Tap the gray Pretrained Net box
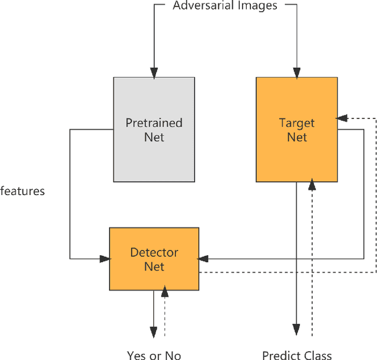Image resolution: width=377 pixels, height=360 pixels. tap(154, 130)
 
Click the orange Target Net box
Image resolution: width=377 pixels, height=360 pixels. tap(297, 130)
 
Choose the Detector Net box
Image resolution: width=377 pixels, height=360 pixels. tap(154, 259)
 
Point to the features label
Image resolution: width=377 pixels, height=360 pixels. tap(22, 191)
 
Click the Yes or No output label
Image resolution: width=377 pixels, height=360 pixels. tap(154, 355)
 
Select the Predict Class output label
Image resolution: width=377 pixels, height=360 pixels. tap(297, 355)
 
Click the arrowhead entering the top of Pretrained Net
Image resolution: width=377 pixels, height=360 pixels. tap(154, 73)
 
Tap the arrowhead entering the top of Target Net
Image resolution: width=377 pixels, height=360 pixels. tap(297, 73)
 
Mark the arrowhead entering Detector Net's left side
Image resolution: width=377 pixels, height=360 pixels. tap(105, 258)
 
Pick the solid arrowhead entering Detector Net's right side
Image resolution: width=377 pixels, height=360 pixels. tap(204, 258)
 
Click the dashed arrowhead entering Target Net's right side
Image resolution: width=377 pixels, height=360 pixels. tap(342, 118)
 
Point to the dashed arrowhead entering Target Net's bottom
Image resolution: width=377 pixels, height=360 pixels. tap(312, 186)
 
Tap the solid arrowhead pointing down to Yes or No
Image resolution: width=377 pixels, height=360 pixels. tap(154, 332)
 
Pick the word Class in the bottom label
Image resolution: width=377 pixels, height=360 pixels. tap(318, 355)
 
